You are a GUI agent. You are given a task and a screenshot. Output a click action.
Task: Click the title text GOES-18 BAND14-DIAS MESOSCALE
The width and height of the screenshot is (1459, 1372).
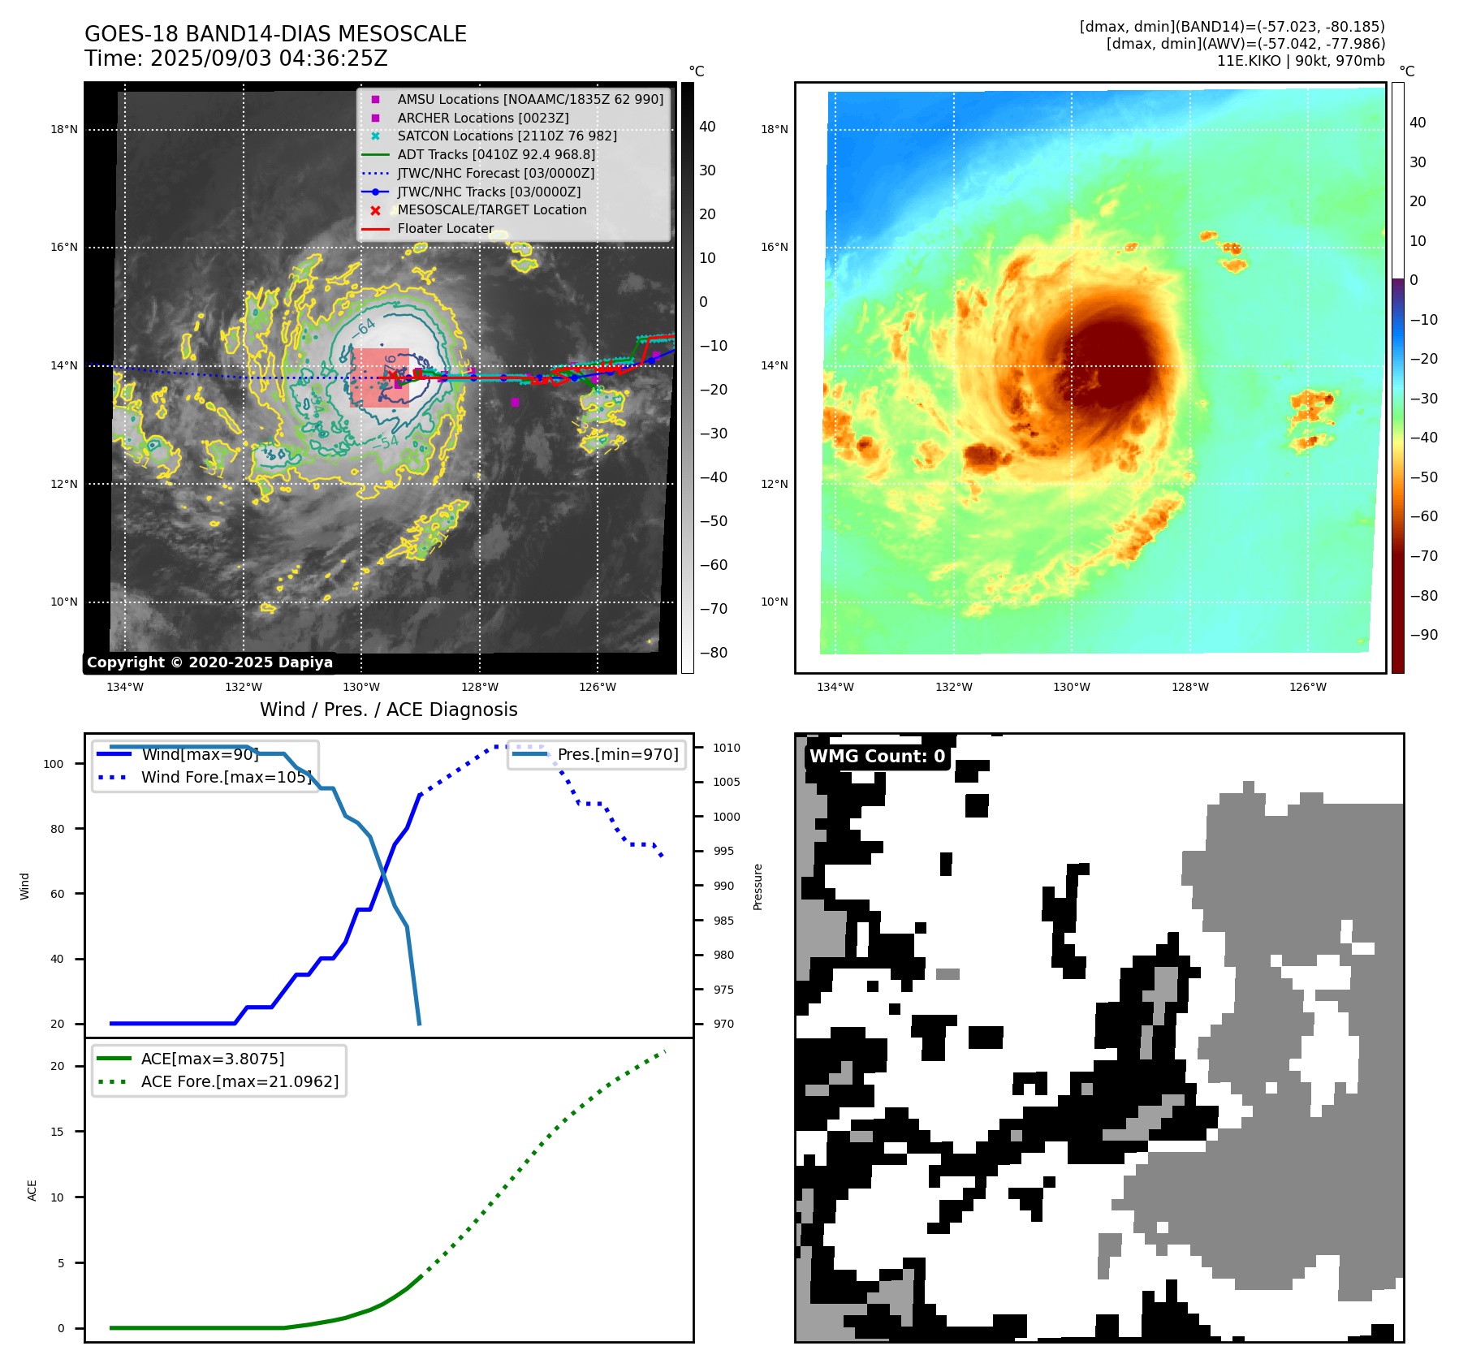tap(275, 34)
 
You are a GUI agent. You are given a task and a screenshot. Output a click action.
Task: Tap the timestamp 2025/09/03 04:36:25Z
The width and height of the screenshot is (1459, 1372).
tap(269, 58)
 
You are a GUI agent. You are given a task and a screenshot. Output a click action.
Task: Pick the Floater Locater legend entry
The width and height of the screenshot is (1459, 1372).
tap(445, 228)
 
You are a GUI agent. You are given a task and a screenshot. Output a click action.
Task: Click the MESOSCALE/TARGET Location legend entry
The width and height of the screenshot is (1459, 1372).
tap(491, 209)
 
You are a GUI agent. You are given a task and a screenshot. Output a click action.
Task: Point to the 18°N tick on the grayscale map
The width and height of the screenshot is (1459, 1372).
tap(64, 129)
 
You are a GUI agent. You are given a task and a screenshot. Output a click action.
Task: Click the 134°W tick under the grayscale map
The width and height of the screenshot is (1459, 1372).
tap(125, 687)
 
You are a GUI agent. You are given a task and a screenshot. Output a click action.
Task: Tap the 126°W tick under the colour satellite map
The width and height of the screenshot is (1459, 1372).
tap(1308, 687)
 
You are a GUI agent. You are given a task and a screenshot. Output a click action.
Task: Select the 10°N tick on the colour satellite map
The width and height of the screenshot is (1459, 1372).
tap(775, 602)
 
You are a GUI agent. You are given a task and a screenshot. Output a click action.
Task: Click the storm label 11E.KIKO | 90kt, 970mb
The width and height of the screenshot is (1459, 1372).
tap(1301, 61)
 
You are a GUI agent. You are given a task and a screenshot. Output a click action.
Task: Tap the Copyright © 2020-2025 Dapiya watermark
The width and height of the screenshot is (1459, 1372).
tap(209, 662)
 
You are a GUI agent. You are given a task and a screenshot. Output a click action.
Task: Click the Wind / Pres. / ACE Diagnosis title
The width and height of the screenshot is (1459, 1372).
tap(388, 710)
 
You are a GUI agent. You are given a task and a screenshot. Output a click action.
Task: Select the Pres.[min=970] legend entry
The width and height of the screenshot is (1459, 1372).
tap(617, 754)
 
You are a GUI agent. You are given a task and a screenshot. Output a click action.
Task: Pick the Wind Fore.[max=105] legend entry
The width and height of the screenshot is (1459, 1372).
tap(226, 777)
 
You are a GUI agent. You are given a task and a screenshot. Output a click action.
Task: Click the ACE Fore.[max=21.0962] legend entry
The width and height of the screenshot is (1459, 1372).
tap(240, 1081)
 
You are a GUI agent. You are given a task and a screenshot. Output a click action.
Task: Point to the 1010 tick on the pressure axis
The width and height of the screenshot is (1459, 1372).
tap(727, 748)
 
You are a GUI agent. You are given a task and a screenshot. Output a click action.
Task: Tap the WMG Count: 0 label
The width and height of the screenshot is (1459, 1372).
tap(877, 756)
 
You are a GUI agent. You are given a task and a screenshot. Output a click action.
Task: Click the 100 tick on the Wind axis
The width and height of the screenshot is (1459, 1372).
tap(54, 764)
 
